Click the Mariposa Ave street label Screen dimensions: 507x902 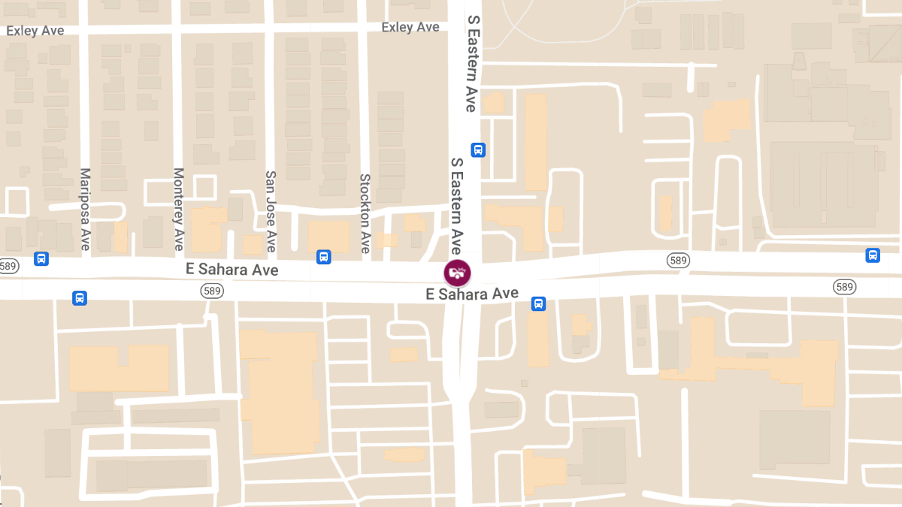[85, 209]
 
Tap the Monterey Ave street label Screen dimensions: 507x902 [179, 209]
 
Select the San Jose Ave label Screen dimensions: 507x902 [271, 210]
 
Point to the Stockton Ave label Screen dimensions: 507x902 [365, 213]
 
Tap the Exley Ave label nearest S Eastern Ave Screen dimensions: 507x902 [410, 27]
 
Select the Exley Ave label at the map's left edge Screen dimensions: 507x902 [35, 31]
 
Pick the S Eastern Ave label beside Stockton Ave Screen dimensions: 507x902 [456, 204]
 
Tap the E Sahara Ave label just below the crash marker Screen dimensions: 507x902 [472, 294]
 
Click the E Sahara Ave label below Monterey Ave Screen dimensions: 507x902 [232, 270]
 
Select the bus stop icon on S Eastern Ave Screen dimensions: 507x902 [478, 149]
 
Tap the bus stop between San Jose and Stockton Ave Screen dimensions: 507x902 [324, 257]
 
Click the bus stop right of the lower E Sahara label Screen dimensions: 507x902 [538, 303]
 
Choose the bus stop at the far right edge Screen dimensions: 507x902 [873, 255]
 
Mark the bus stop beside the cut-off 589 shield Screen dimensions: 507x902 [41, 259]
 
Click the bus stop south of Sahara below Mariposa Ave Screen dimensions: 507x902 [80, 297]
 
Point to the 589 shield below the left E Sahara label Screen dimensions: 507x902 [211, 290]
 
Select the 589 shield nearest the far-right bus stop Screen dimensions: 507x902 [844, 287]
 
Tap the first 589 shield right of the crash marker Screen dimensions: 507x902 [678, 260]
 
